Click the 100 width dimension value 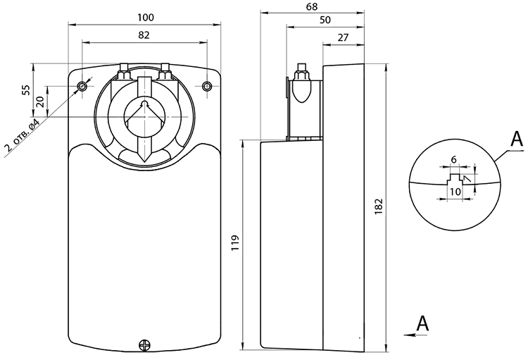tap(146, 17)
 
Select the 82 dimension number tap(144, 35)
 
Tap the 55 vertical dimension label tap(26, 89)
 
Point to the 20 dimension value tap(40, 101)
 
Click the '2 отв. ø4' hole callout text tap(22, 134)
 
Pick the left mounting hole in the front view tap(82, 87)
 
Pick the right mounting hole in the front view tap(207, 87)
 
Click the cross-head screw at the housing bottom tap(145, 345)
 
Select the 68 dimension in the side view tap(312, 6)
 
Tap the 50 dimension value tap(325, 20)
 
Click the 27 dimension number tap(343, 37)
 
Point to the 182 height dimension tap(379, 206)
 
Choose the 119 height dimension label tap(235, 242)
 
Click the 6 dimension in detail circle tap(454, 159)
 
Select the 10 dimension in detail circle tap(455, 192)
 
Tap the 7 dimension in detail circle tap(467, 178)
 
